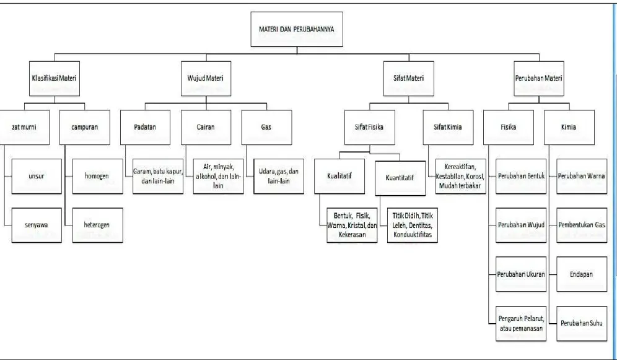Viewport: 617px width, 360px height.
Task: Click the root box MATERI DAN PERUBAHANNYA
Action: pos(297,29)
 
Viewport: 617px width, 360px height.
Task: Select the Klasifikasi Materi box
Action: pos(55,78)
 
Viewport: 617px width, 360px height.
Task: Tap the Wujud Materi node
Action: pos(206,78)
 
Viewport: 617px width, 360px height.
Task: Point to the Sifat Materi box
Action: pos(409,78)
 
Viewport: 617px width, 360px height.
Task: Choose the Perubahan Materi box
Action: pos(539,78)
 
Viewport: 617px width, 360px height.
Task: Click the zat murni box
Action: pos(24,127)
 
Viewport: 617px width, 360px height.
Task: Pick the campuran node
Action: pos(85,127)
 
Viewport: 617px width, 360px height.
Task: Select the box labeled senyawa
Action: pos(37,225)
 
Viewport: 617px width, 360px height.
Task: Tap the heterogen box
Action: pos(98,225)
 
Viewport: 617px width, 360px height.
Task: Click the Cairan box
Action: pos(206,127)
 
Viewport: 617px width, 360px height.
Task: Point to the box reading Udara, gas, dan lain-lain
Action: pos(279,176)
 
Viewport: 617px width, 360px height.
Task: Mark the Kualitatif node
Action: pos(339,176)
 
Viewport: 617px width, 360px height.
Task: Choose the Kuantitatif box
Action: pos(400,178)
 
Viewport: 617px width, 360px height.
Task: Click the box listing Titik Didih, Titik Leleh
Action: pos(413,225)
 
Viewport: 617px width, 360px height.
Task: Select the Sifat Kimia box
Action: pos(448,127)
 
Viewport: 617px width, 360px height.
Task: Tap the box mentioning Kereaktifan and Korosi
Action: pos(461,176)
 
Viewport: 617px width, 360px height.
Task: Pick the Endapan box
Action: pos(582,274)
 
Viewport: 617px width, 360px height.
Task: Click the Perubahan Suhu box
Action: pos(582,323)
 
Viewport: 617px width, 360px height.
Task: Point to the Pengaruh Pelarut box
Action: pos(521,323)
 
